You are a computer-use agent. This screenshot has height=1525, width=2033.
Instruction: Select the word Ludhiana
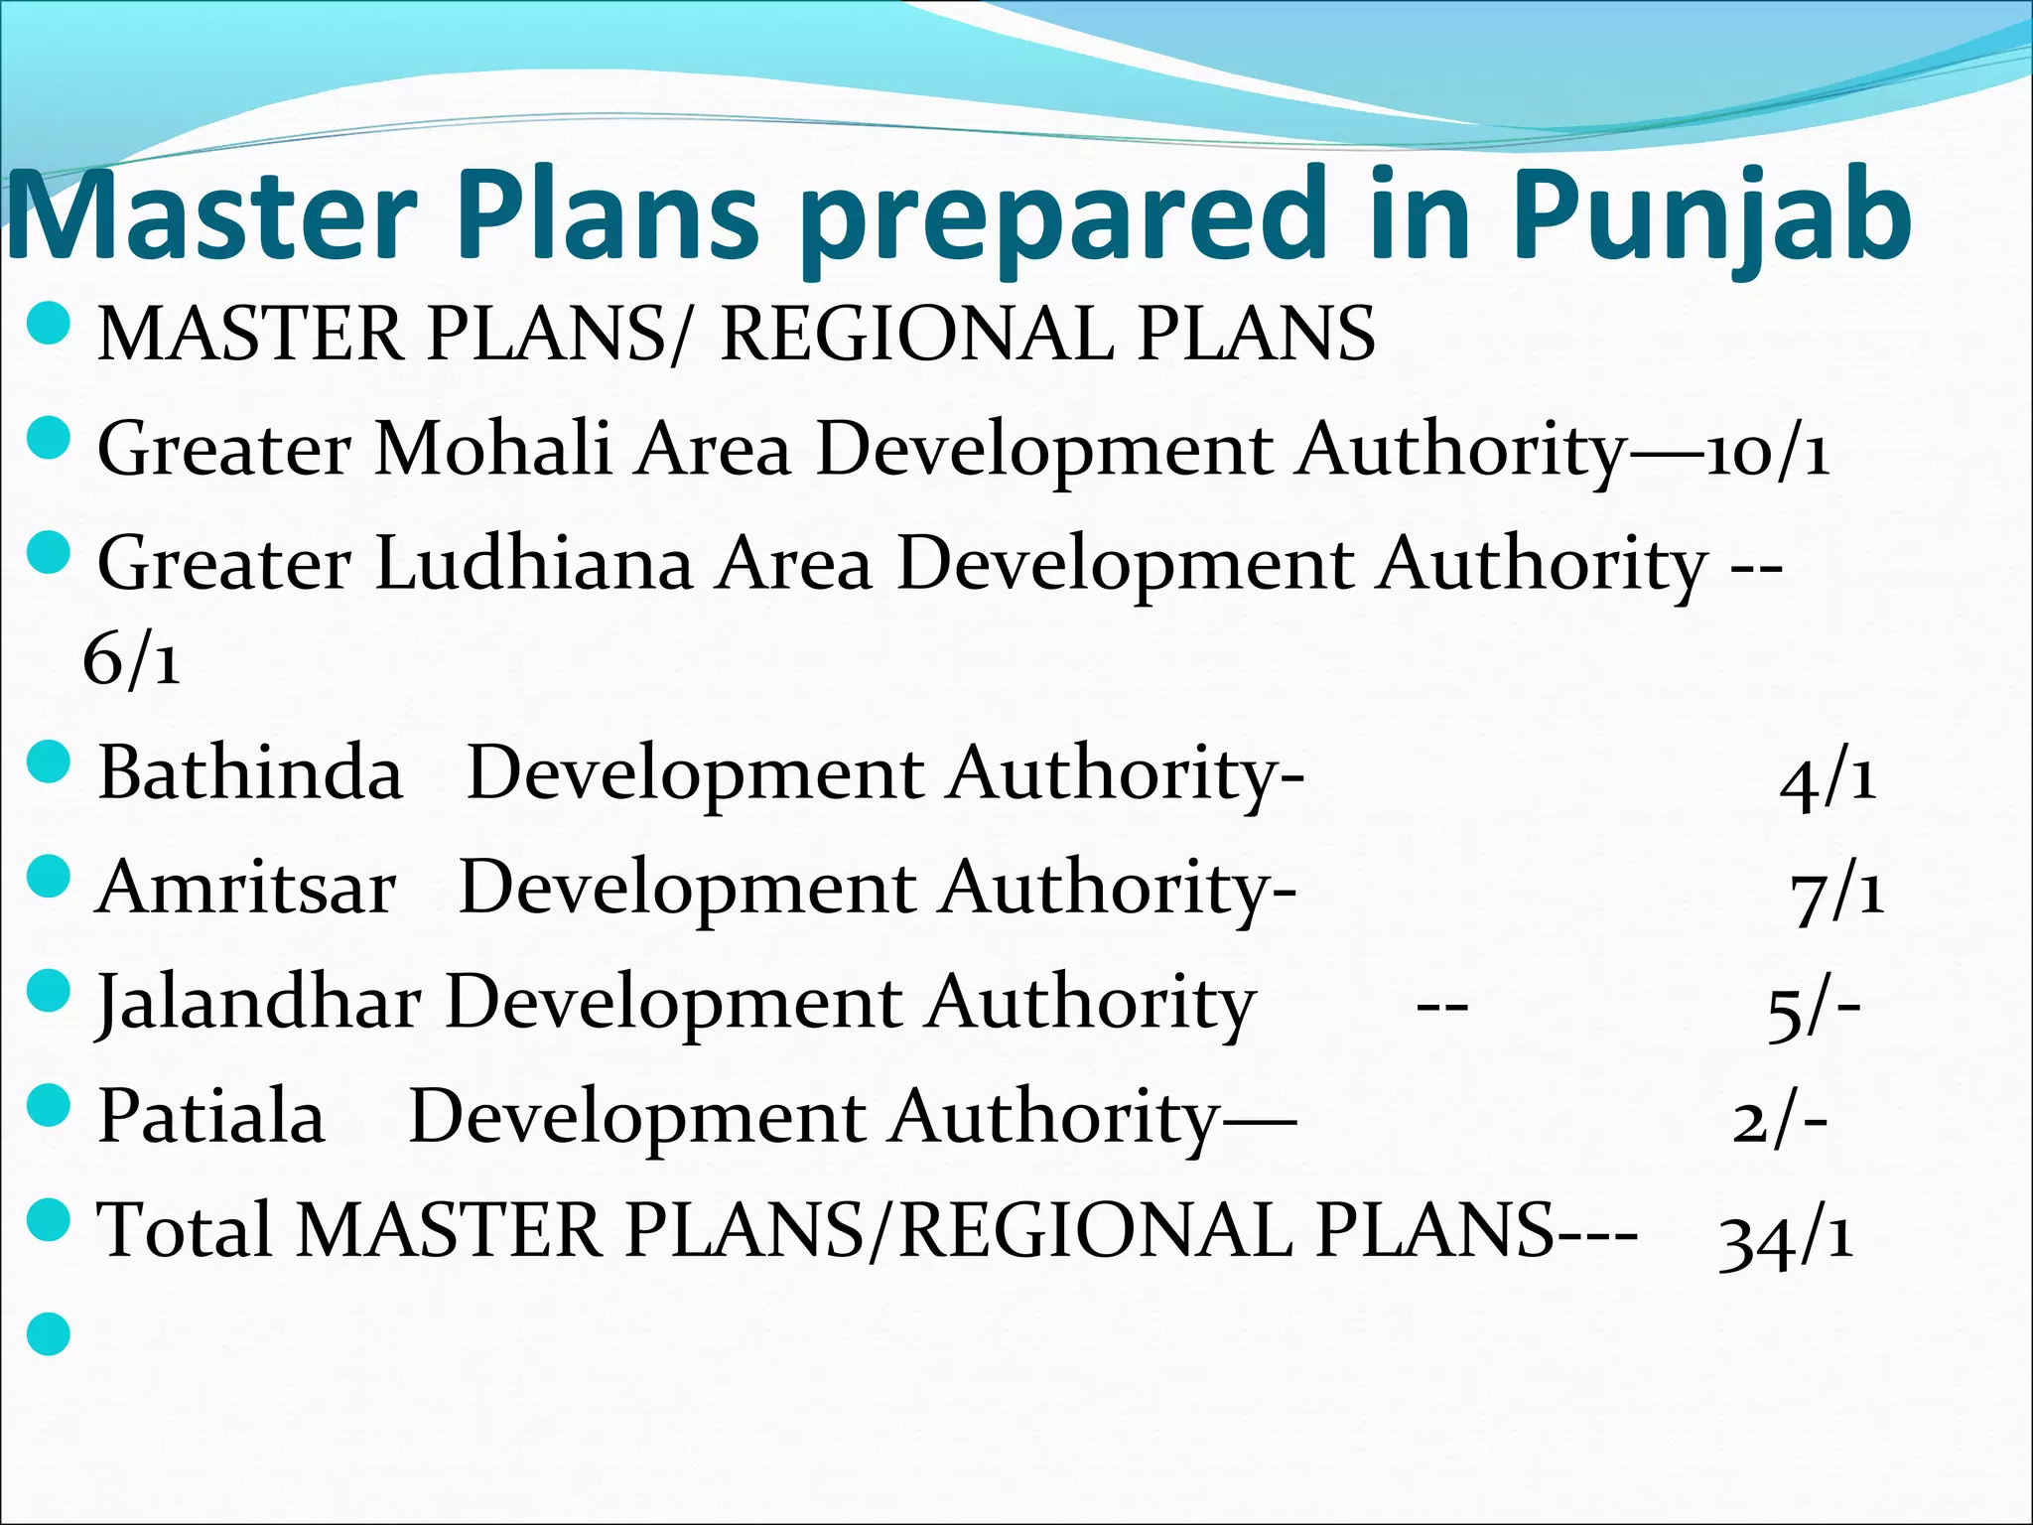click(534, 563)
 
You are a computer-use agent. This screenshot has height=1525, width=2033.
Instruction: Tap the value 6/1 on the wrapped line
click(132, 659)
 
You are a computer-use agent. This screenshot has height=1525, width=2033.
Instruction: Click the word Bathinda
click(250, 773)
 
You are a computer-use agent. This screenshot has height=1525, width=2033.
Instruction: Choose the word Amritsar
click(246, 887)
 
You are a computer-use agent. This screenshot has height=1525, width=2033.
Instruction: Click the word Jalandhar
click(258, 1003)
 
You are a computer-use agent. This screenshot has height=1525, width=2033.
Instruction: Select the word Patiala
click(211, 1116)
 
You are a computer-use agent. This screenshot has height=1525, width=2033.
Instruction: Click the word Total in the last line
click(184, 1230)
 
